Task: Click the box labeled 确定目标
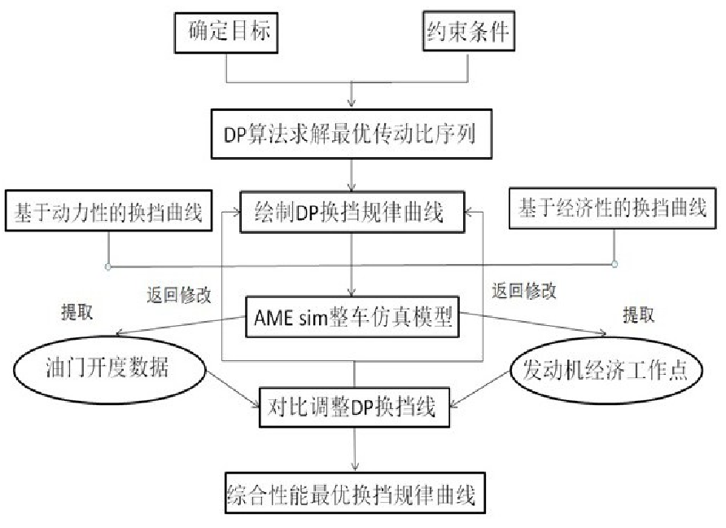click(x=226, y=33)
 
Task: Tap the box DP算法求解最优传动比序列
click(x=349, y=134)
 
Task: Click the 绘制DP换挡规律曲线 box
click(x=352, y=214)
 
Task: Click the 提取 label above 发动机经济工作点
click(x=637, y=314)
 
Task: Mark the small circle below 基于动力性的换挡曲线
click(x=107, y=266)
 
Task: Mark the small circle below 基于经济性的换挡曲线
click(x=614, y=263)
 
